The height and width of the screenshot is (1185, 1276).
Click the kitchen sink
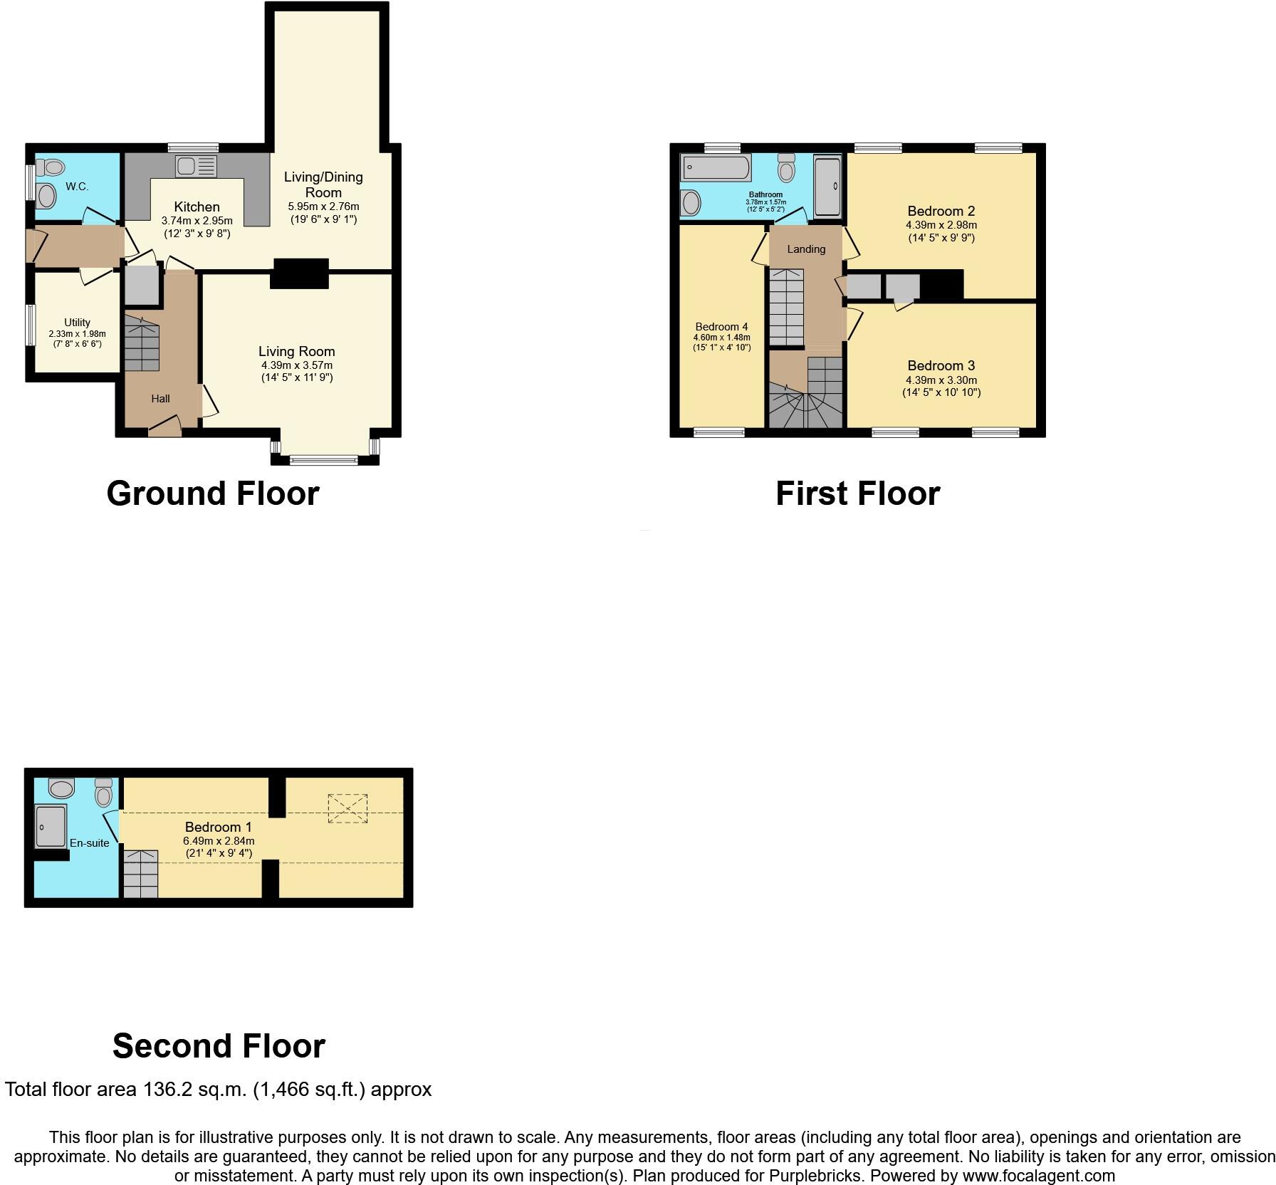[x=196, y=167]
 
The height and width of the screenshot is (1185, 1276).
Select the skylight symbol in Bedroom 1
[x=347, y=809]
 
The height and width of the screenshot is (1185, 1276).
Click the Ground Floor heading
[x=213, y=493]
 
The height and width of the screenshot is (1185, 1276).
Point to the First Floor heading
[x=857, y=493]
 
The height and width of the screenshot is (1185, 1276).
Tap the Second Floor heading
[x=219, y=1045]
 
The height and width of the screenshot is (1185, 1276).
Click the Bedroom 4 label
[x=721, y=327]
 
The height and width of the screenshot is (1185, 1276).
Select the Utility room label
[x=77, y=323]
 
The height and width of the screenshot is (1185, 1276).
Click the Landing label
[x=806, y=249]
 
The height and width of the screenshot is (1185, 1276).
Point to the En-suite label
[x=89, y=843]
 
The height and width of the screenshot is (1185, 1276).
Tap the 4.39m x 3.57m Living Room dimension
[x=296, y=365]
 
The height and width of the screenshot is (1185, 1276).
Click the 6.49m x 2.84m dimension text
[x=218, y=841]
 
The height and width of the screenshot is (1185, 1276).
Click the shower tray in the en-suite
[x=50, y=826]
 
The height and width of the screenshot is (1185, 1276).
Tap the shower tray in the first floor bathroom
[x=828, y=186]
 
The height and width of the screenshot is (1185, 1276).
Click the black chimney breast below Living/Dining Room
[x=300, y=273]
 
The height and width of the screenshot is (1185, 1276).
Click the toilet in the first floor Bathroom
[x=786, y=167]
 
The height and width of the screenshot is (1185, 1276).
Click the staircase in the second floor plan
[x=140, y=873]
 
